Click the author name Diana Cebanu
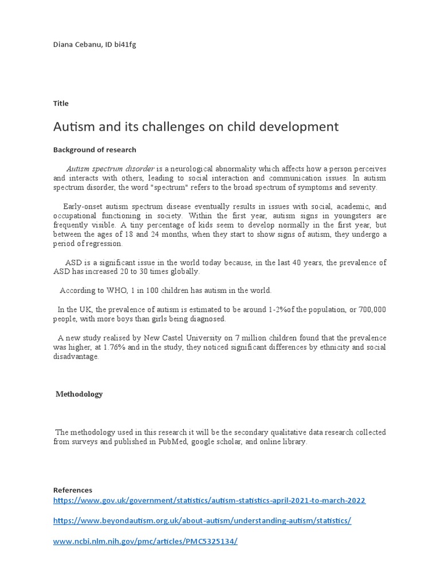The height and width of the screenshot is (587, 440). (77, 45)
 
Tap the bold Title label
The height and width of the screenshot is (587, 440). (61, 103)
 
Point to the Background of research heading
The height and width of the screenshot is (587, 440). (95, 150)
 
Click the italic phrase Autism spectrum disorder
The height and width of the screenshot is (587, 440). (110, 169)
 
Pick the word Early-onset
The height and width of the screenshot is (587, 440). (81, 206)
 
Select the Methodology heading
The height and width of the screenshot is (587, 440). (79, 394)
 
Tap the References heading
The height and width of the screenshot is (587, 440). (73, 490)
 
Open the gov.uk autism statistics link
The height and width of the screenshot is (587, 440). (209, 500)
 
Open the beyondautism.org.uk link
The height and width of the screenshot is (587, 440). (202, 521)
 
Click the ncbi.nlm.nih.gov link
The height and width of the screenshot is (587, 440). (145, 541)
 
